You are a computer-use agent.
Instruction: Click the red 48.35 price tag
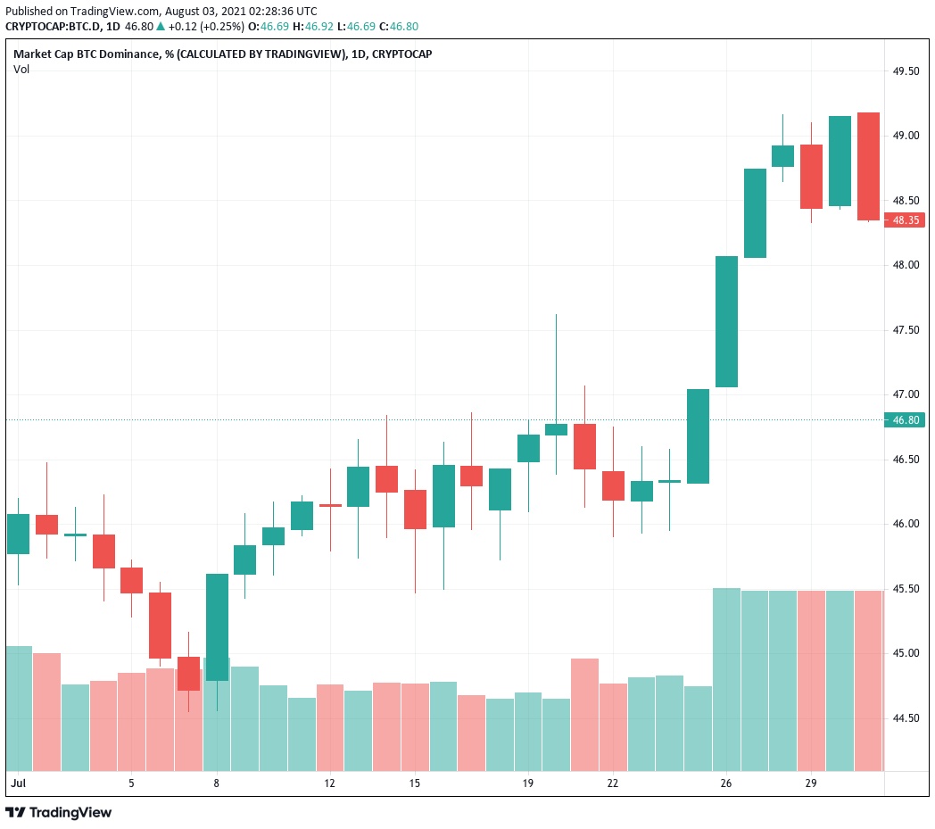904,220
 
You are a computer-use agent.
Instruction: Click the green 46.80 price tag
904,419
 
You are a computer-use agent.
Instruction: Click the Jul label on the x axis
16,783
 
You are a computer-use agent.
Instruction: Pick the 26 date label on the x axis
726,783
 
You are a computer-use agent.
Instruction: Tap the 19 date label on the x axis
528,783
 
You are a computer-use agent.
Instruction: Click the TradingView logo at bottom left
59,813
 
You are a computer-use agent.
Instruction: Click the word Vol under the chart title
21,70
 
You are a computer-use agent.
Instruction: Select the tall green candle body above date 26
727,321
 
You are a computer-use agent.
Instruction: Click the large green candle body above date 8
217,626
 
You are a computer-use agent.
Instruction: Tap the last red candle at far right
868,166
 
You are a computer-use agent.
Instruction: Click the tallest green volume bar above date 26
727,678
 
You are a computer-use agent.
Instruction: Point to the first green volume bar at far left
19,708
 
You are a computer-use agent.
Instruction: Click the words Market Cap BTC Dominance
87,54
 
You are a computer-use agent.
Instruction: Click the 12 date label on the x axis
330,783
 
